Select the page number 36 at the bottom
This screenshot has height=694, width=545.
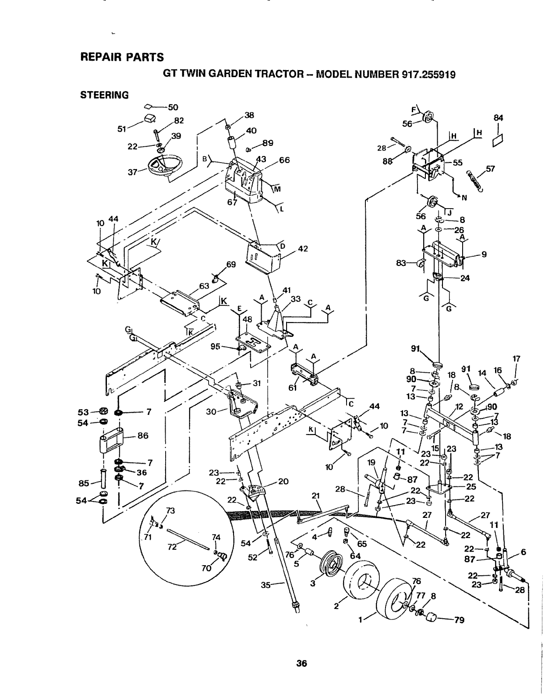tap(301, 663)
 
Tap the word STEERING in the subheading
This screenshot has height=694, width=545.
tap(104, 95)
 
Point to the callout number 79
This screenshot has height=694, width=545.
tap(459, 620)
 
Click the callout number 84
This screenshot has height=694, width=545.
tap(498, 117)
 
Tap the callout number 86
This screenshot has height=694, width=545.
tap(143, 436)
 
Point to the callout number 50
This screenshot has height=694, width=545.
tap(173, 107)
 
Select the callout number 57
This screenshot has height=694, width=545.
tap(490, 170)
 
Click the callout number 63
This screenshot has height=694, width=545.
tap(204, 286)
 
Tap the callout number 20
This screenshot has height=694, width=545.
tap(283, 481)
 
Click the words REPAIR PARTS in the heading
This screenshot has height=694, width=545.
tap(122, 57)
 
